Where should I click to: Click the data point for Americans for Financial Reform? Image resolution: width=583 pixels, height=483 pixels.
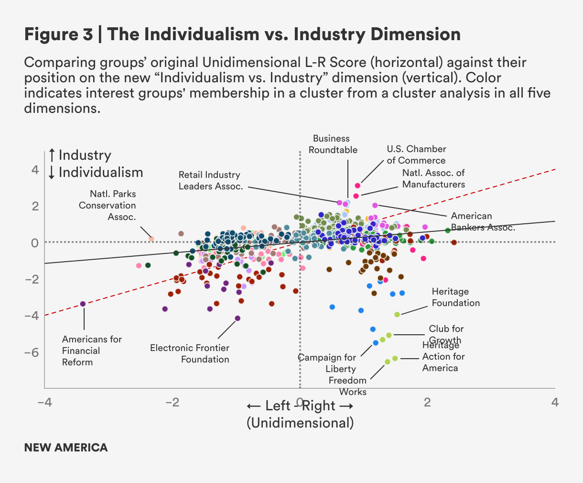(83, 304)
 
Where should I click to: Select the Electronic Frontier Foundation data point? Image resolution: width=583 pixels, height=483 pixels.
(238, 318)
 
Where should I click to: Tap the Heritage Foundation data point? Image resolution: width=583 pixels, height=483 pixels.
(397, 314)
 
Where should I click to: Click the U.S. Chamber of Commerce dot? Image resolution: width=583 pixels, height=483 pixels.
(357, 186)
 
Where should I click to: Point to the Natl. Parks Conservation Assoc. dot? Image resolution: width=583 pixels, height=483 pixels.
(151, 239)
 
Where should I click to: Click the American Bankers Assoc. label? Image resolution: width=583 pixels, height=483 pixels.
(483, 222)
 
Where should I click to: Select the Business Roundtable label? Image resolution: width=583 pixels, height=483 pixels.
(333, 144)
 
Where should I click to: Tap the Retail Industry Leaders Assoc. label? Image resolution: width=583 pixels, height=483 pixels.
(211, 180)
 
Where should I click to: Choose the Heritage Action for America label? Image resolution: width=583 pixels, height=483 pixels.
(443, 357)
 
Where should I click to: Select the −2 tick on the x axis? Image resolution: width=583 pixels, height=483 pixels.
(172, 402)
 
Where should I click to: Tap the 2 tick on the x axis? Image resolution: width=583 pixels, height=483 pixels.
(427, 402)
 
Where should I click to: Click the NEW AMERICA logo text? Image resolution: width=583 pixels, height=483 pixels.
(66, 448)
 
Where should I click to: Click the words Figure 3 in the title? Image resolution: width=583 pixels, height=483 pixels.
(58, 34)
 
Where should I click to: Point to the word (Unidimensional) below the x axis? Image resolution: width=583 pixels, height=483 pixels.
(300, 423)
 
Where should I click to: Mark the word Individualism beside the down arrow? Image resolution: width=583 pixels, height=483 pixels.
(101, 173)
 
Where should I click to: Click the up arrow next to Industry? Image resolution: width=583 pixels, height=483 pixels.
(52, 155)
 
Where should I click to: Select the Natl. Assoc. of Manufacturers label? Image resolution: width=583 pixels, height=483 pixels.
(433, 178)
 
